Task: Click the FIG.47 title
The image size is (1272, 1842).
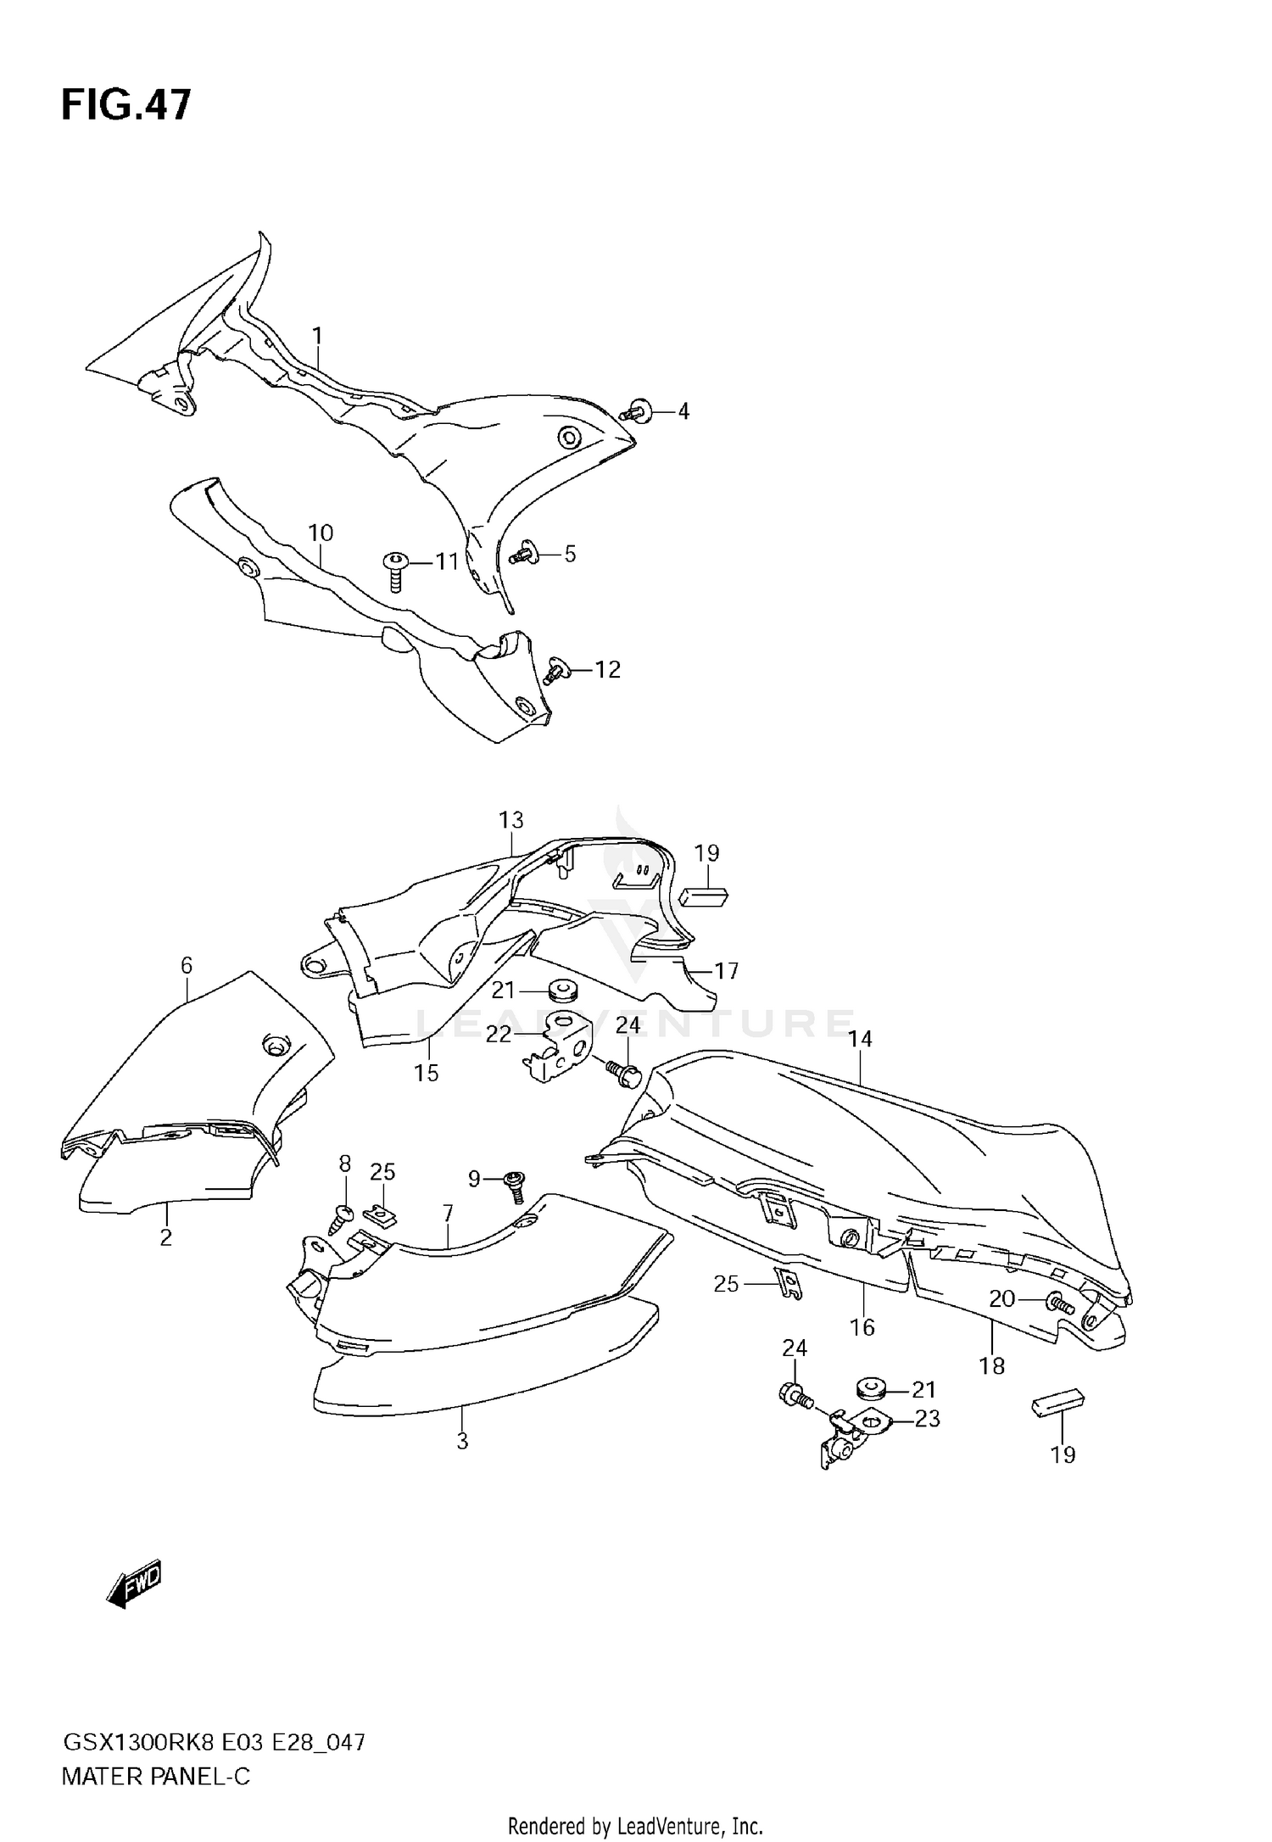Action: (x=126, y=106)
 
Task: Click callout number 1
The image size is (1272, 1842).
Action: (x=317, y=337)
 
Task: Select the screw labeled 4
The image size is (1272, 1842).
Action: (x=633, y=412)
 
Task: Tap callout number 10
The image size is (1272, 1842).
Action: (x=321, y=533)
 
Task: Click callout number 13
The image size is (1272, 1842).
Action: (x=511, y=820)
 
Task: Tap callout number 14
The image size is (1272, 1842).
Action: (x=860, y=1039)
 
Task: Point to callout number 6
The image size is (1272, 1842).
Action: (x=187, y=965)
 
